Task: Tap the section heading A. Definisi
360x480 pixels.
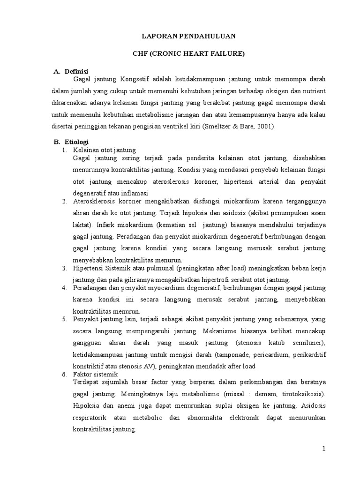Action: pos(71,71)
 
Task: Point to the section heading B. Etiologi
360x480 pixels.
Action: pos(71,142)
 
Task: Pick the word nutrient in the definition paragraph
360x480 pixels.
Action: pos(312,90)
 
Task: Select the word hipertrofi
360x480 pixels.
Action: pos(223,279)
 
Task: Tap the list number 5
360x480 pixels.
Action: pos(65,319)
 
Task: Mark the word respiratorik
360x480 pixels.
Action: pos(93,417)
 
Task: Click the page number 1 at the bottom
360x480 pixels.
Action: pos(323,449)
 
